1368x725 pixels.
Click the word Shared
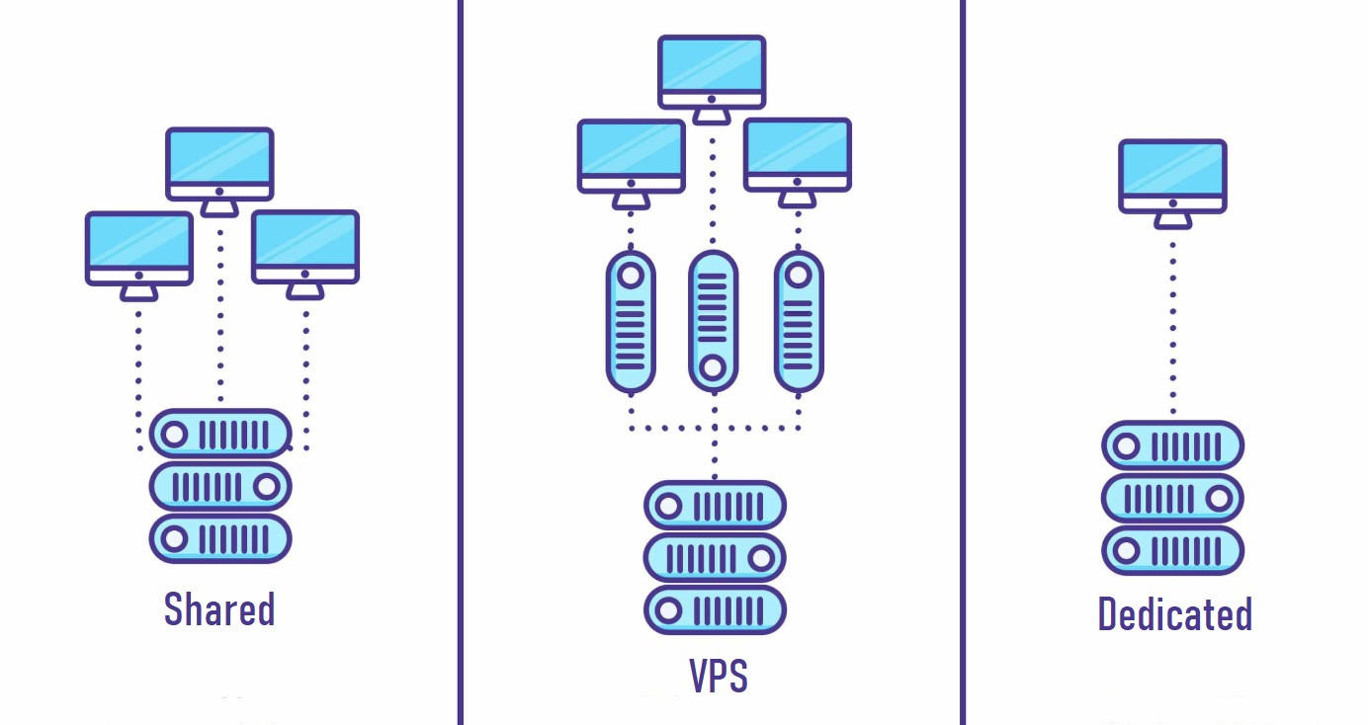pos(218,609)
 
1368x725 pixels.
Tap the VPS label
pos(718,676)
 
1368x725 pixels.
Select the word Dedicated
pos(1174,614)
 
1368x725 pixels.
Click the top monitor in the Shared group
pos(219,164)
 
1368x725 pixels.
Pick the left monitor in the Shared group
pos(138,248)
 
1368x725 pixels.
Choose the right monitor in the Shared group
pos(304,247)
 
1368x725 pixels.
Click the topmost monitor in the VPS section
pos(712,72)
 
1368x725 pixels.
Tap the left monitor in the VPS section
pos(631,156)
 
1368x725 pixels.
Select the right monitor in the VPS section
pos(797,155)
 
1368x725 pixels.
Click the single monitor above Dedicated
pos(1172,176)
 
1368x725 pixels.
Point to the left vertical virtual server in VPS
pos(630,321)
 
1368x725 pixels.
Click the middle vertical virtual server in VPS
pos(713,321)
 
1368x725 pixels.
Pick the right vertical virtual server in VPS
pos(798,321)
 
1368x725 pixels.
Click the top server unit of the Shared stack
pos(220,434)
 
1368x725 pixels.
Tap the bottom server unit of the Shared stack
pos(220,538)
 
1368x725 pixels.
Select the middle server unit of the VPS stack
pos(714,558)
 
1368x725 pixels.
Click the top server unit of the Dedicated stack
pos(1172,446)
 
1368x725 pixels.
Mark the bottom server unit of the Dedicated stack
pos(1172,551)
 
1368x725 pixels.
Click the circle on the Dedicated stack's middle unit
pos(1219,499)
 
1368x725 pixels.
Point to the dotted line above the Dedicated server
pos(1172,326)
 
